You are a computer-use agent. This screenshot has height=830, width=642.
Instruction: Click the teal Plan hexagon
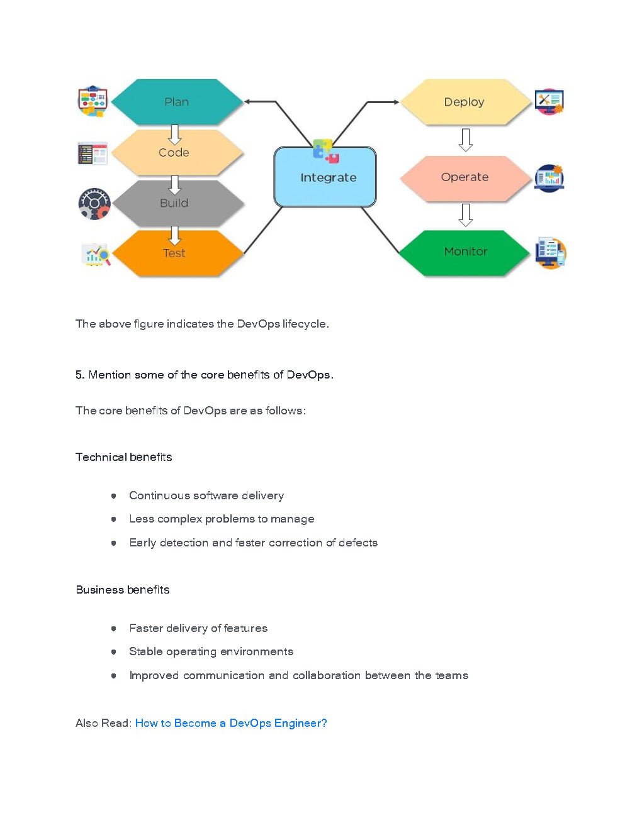pos(176,102)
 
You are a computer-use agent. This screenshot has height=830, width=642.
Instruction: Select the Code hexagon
pos(174,153)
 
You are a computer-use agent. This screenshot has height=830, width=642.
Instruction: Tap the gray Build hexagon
pos(174,203)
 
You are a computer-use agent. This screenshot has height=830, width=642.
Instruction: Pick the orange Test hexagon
pos(174,253)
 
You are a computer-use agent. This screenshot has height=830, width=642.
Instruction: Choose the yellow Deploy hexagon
pos(464,102)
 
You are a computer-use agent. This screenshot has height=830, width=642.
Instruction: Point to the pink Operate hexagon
pos(465,177)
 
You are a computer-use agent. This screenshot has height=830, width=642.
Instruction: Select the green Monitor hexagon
pos(465,252)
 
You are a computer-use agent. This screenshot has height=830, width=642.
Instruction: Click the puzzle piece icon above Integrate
pos(325,151)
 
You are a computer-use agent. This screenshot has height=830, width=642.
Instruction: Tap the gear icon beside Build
pos(94,203)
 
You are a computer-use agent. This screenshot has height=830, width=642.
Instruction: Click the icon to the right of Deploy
pos(549,101)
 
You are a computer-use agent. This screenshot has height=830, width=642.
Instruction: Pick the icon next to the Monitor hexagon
pos(550,253)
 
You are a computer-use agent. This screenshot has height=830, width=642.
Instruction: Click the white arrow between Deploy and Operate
pos(466,140)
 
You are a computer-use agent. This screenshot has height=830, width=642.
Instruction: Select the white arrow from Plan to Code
pos(175,133)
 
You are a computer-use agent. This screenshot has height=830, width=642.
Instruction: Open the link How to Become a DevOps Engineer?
pos(231,723)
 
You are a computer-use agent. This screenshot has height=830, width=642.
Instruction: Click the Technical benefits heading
pos(123,457)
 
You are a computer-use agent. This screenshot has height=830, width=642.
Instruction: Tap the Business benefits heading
pos(122,590)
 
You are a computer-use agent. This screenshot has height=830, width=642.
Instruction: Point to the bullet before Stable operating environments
pos(114,651)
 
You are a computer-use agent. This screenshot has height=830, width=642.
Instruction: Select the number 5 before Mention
pos(79,375)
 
